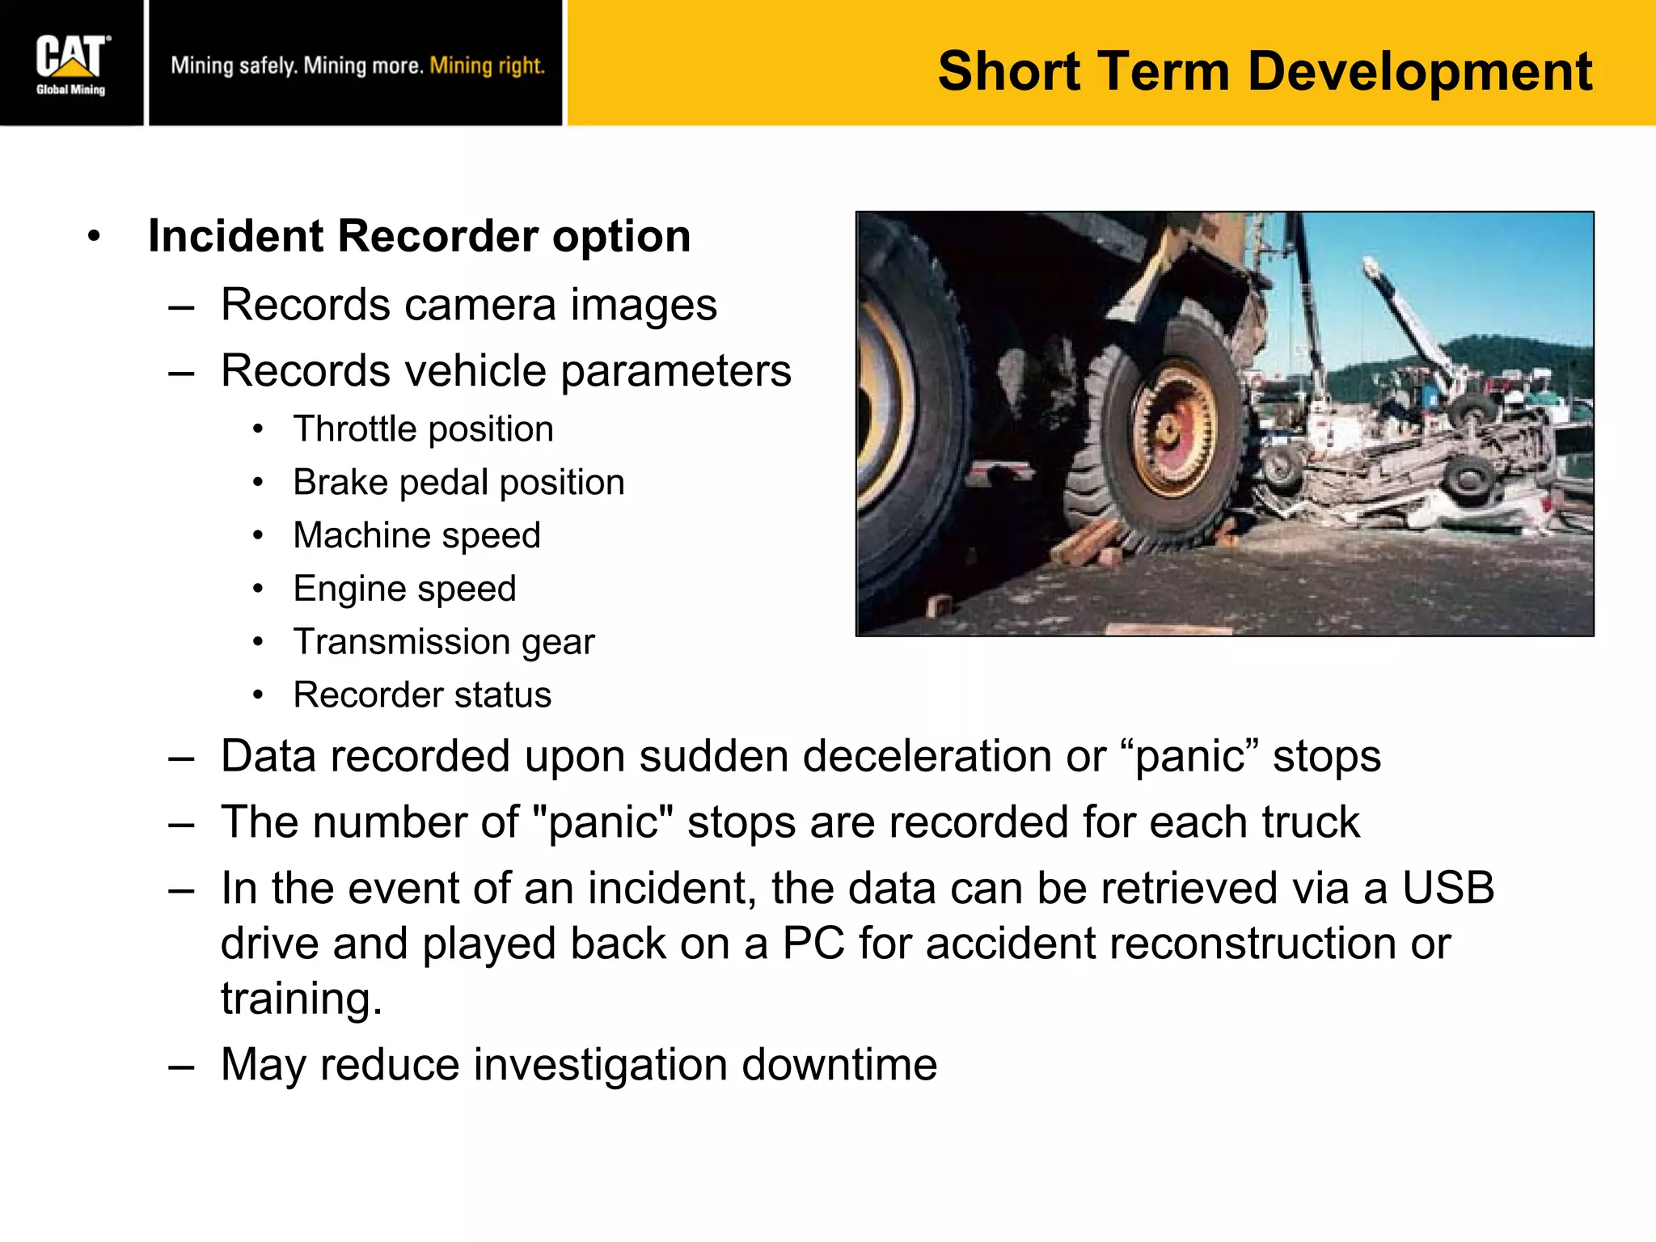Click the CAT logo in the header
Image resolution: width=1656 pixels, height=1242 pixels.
[x=71, y=57]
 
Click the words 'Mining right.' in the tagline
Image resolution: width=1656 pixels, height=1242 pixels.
[x=487, y=65]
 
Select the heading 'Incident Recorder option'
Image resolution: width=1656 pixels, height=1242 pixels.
[x=419, y=236]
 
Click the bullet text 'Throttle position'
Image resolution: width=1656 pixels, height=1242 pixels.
[x=423, y=429]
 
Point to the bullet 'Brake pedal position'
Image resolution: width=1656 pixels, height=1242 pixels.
[x=458, y=482]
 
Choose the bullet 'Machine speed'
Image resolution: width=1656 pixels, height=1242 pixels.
[x=416, y=535]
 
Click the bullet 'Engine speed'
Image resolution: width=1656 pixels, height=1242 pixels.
[x=404, y=589]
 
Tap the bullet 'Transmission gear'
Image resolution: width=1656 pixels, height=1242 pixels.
[x=443, y=642]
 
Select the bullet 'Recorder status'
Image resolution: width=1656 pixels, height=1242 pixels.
[x=422, y=695]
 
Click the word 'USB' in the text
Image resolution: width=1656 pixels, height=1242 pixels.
[x=1447, y=888]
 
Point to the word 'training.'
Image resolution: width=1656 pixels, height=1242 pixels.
[x=301, y=999]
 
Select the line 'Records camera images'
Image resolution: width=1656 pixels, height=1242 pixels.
[x=468, y=305]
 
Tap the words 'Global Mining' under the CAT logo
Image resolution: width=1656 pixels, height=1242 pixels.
[x=70, y=90]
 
